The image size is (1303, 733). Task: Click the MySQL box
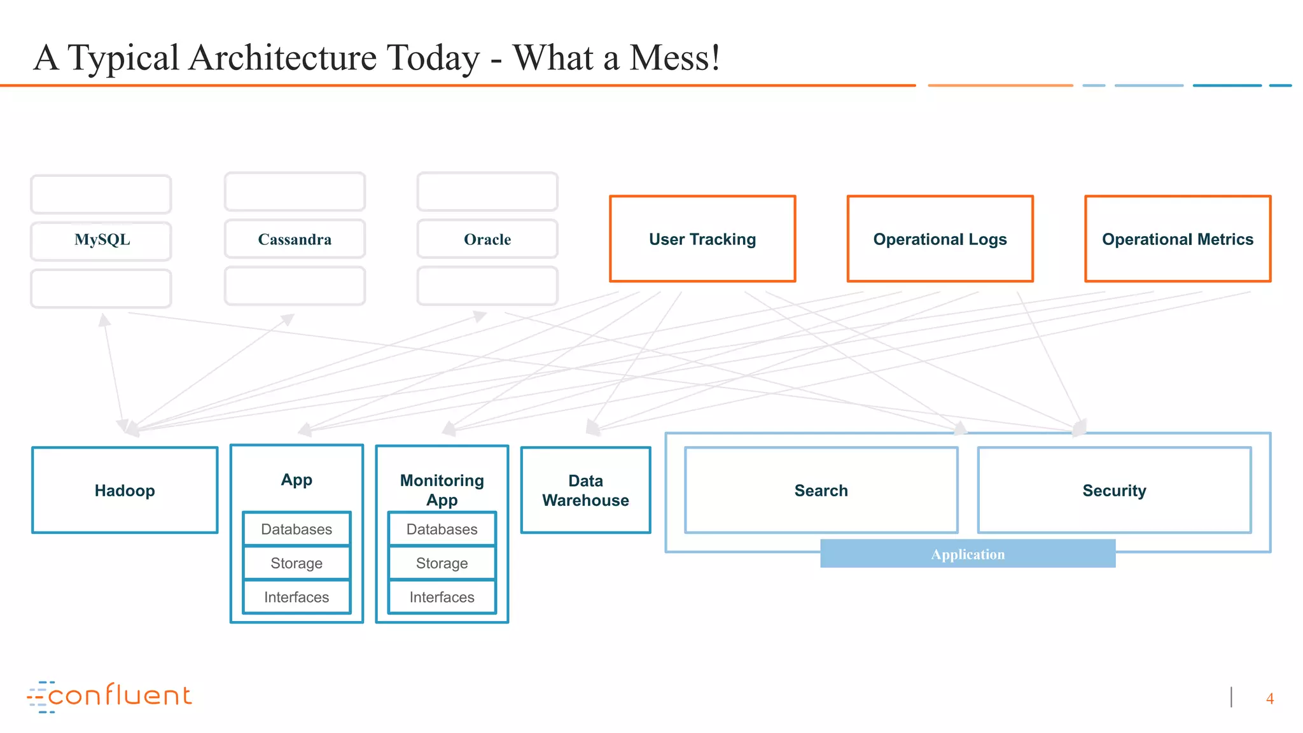[102, 241]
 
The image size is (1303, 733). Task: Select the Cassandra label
[295, 240]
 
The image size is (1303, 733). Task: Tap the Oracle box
[487, 240]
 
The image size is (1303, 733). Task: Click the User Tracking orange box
[702, 239]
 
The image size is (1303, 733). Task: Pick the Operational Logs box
[940, 239]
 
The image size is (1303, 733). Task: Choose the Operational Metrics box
[1177, 239]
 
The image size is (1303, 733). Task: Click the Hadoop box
[125, 491]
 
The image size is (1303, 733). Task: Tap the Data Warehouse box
[585, 491]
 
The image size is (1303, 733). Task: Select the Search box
[821, 491]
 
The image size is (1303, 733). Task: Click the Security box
[1114, 491]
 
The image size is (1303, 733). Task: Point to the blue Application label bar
[968, 554]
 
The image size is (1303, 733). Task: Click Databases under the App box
[296, 529]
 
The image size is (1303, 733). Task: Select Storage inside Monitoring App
[442, 563]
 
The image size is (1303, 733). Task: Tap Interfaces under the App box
[296, 597]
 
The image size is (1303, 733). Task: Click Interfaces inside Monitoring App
[442, 597]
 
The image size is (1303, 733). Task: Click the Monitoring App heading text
[442, 490]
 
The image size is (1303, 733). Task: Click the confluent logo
[109, 696]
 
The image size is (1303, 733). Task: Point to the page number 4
[1269, 699]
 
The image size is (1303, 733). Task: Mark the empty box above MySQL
[101, 194]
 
